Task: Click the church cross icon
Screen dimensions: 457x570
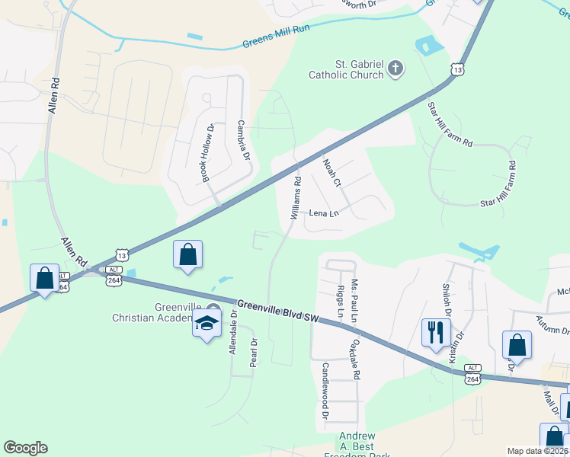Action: (x=395, y=69)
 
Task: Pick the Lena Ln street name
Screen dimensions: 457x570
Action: (x=324, y=213)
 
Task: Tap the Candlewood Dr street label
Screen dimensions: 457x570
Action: (x=325, y=391)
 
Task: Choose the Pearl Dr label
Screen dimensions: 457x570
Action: (x=253, y=353)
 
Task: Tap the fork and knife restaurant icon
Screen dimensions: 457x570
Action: (x=436, y=332)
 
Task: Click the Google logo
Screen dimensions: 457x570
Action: (x=25, y=448)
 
